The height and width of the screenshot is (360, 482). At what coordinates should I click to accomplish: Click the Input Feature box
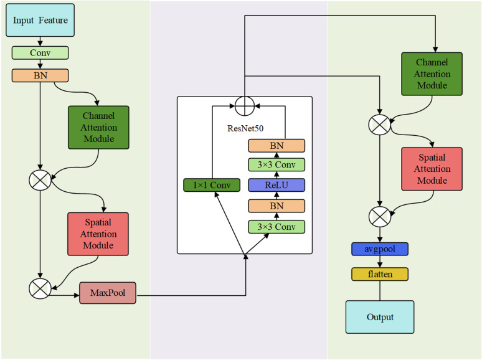(x=40, y=21)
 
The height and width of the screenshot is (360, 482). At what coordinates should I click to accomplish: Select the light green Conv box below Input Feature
(x=40, y=53)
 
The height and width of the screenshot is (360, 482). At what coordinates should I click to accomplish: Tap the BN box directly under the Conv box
(x=40, y=75)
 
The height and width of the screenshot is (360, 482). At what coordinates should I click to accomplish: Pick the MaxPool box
(x=108, y=293)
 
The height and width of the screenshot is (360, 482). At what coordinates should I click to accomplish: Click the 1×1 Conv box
(x=212, y=185)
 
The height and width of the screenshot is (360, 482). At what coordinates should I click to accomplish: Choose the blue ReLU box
(x=276, y=185)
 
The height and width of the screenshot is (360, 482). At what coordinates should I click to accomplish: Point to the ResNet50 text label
(x=245, y=128)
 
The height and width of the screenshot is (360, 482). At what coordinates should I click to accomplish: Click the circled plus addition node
(x=245, y=106)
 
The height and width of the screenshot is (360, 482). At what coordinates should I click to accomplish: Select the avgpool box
(x=380, y=249)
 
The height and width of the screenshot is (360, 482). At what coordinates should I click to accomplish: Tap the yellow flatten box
(x=380, y=274)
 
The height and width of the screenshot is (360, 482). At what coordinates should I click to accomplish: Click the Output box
(x=380, y=317)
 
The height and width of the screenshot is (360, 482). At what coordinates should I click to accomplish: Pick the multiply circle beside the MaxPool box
(x=40, y=288)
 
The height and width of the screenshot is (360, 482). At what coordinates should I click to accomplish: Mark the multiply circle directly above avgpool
(x=380, y=217)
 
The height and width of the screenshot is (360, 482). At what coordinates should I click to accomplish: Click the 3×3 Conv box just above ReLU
(x=276, y=165)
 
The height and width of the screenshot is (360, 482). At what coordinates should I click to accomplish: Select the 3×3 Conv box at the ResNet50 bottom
(x=276, y=227)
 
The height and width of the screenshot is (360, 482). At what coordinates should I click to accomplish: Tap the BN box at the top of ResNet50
(x=276, y=146)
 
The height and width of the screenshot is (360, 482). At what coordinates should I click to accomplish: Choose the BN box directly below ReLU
(x=276, y=206)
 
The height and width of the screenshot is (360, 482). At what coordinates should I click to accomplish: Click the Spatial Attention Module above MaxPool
(x=98, y=234)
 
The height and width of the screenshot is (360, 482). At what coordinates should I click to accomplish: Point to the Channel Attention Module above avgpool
(x=432, y=73)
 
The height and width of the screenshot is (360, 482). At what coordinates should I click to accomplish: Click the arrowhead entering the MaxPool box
(x=77, y=295)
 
